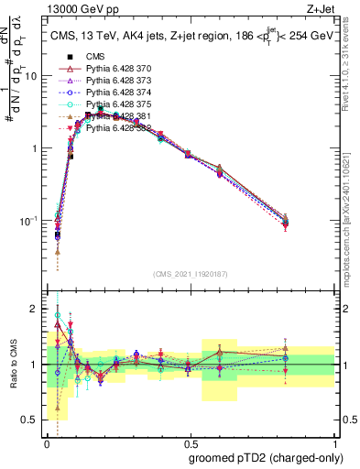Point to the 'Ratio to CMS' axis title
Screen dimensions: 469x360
(12, 364)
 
